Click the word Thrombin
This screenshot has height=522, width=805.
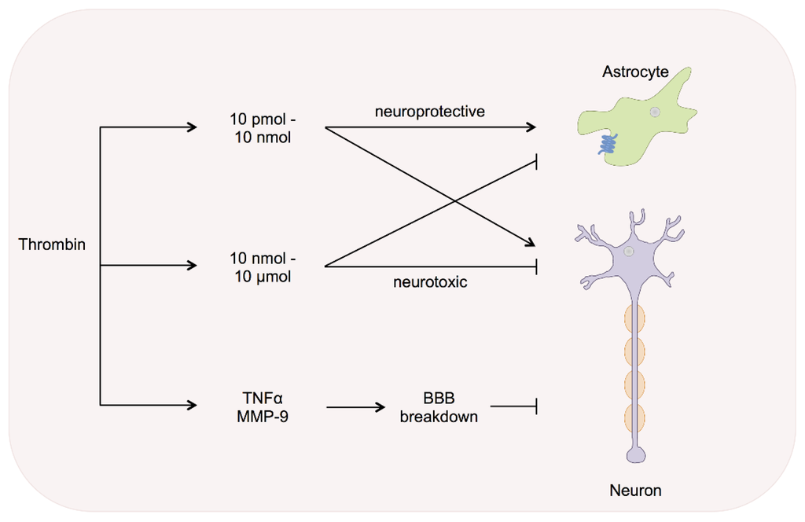[x=52, y=244]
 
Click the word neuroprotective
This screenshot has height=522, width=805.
[x=429, y=111]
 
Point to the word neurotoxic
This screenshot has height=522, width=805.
[x=430, y=281]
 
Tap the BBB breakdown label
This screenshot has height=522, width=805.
[x=439, y=407]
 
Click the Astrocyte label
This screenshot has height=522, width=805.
[x=635, y=72]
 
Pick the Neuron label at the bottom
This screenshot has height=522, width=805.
[x=635, y=491]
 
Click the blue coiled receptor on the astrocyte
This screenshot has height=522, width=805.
[x=608, y=145]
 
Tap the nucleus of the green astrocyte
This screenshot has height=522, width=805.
[x=654, y=112]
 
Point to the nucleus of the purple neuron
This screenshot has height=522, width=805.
[x=629, y=252]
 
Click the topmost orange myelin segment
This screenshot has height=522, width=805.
[x=634, y=319]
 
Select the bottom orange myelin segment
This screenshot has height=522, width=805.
[x=634, y=418]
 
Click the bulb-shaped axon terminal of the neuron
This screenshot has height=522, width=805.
[x=634, y=455]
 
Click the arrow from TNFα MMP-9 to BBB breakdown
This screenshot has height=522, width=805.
[x=356, y=407]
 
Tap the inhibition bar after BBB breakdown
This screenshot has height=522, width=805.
[x=536, y=406]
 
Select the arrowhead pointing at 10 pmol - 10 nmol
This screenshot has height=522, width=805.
[x=192, y=127]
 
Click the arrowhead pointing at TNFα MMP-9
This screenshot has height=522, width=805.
[x=192, y=406]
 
